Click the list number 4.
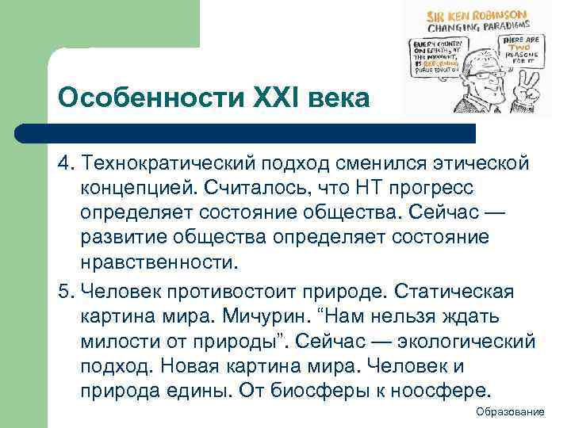(x=64, y=163)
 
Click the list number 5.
(x=64, y=292)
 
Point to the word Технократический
(x=162, y=163)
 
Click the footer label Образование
(x=511, y=412)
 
